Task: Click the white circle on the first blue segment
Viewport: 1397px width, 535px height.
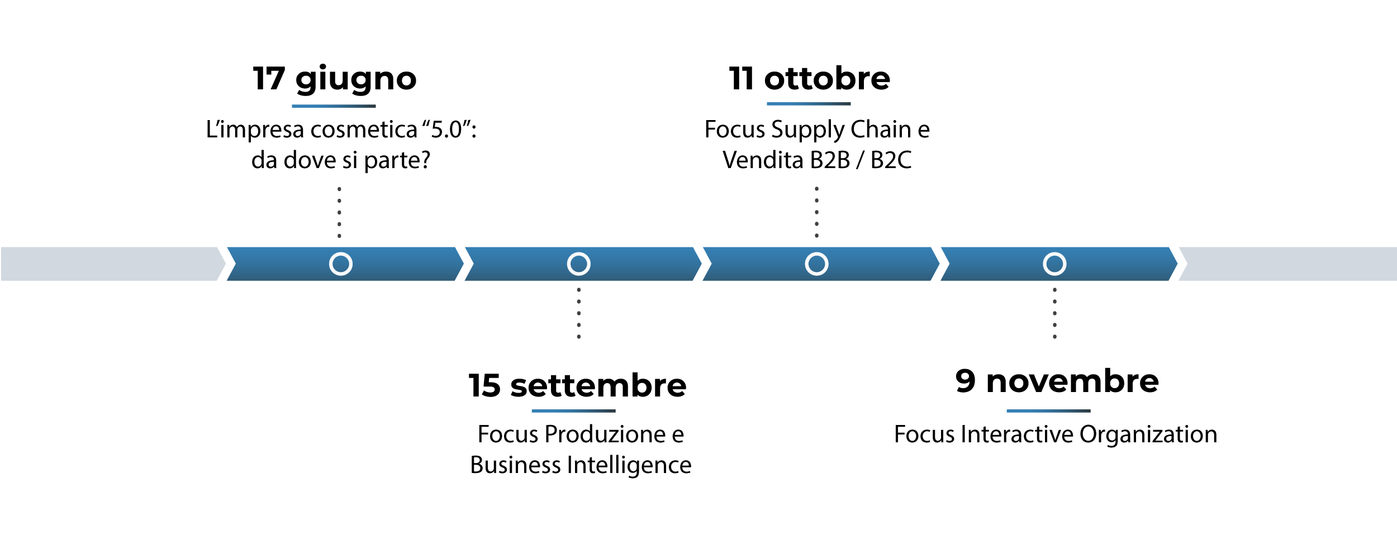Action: point(340,264)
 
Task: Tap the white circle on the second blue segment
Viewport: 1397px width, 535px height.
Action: point(578,264)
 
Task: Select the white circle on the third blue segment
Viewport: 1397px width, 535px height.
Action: point(816,264)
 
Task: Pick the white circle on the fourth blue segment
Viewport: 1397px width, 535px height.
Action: point(1054,264)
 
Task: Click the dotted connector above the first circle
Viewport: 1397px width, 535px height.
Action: point(339,212)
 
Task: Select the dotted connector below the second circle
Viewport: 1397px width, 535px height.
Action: point(578,313)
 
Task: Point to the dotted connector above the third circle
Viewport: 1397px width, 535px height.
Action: point(816,212)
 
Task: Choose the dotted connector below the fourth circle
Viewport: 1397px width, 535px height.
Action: point(1054,313)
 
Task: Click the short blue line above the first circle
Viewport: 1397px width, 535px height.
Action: point(334,106)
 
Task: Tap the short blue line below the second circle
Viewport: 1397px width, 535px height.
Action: point(573,411)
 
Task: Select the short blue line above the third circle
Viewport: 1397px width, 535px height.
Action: point(809,104)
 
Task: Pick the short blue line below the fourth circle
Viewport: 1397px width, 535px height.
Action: point(1048,411)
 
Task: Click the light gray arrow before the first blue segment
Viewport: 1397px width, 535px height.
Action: point(112,264)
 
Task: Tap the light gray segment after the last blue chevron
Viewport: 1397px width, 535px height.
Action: point(1291,264)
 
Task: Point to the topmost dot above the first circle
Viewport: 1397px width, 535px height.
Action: point(339,189)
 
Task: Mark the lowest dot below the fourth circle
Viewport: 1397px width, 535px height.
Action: point(1054,337)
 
